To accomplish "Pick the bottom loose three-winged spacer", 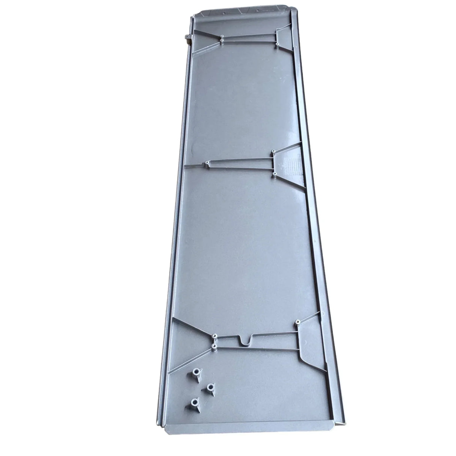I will click(194, 403).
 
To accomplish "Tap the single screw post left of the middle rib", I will click(207, 163).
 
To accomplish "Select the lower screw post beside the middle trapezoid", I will click(273, 175).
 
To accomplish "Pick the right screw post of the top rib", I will click(277, 44).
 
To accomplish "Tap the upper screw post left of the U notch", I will click(215, 335).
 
